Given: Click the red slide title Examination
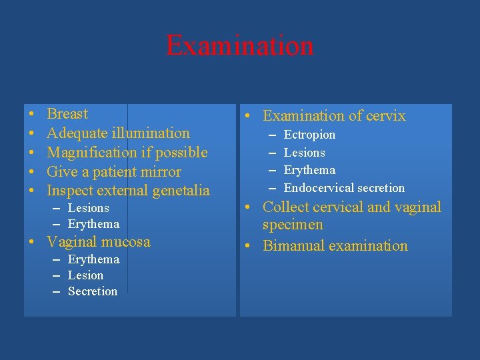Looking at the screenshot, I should point(239,45).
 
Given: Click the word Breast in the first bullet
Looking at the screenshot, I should point(67,114).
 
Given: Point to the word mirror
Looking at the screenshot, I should point(164,172).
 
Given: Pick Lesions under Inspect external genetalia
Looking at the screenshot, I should point(89,208).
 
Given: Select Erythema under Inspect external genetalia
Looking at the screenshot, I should point(93,224).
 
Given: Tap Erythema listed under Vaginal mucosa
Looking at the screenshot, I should point(93,259).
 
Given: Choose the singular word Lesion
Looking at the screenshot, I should point(85,275).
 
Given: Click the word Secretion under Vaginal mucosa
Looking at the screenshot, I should point(93,291).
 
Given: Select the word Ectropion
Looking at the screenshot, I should point(309,135).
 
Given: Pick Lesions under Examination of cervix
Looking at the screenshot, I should point(304,153).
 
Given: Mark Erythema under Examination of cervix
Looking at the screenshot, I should point(309,170).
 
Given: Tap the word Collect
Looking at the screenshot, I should point(287,207).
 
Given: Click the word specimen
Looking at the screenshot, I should point(293,225).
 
